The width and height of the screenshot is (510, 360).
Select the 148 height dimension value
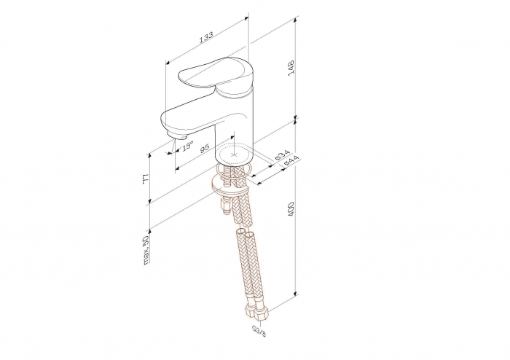coord(291,68)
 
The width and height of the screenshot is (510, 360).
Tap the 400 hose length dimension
coord(291,209)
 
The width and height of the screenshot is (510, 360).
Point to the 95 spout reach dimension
coord(204,149)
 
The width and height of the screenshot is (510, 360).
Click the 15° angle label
coord(187,146)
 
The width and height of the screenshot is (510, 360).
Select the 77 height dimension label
coord(146,179)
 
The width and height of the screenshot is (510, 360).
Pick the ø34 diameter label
coord(283,155)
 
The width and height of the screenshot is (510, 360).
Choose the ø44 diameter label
coord(291,161)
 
